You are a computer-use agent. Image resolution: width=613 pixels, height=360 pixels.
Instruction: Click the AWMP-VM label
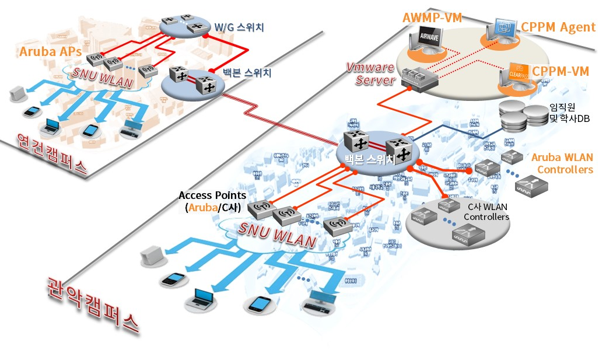pyautogui.click(x=432, y=18)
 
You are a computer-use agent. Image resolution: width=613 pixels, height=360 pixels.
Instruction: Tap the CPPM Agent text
pyautogui.click(x=558, y=27)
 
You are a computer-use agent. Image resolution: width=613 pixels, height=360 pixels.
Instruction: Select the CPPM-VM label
pyautogui.click(x=561, y=71)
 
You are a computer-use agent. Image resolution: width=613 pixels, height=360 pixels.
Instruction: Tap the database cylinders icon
pyautogui.click(x=521, y=116)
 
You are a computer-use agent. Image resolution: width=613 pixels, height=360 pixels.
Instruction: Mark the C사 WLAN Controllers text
pyautogui.click(x=486, y=212)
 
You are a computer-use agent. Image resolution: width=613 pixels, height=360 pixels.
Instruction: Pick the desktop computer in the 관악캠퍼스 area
pyautogui.click(x=319, y=298)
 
